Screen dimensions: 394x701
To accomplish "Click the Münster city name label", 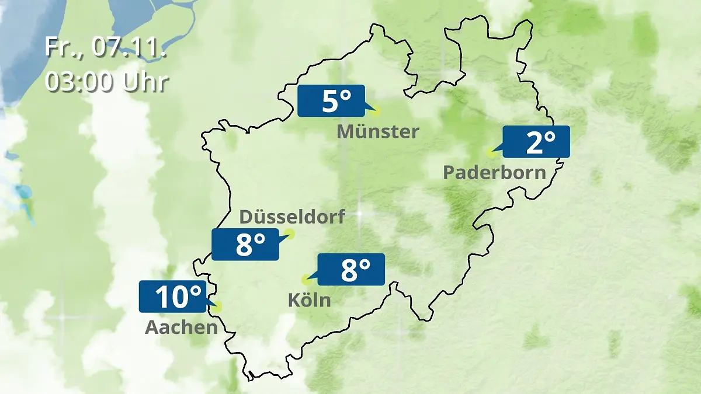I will click(377, 132).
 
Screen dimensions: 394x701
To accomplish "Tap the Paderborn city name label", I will click(495, 173).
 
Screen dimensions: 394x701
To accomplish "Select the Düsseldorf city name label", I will click(292, 217).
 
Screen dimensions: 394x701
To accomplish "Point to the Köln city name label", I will click(309, 301).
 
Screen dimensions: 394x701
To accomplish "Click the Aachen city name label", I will click(181, 327).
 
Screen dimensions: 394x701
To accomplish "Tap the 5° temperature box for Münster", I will click(331, 101).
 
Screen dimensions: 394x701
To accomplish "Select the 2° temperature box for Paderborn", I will click(536, 142).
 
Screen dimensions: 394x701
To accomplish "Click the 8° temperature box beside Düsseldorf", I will click(245, 245).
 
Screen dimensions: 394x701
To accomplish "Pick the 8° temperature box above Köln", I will click(350, 269).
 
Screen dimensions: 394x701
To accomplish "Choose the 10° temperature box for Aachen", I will click(173, 297).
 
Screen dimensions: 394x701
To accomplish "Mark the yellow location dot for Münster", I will click(376, 110).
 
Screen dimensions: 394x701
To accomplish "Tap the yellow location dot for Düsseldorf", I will click(289, 234).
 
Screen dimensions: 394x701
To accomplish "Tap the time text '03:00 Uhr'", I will click(106, 82).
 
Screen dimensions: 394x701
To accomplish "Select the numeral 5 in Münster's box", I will click(329, 102).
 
